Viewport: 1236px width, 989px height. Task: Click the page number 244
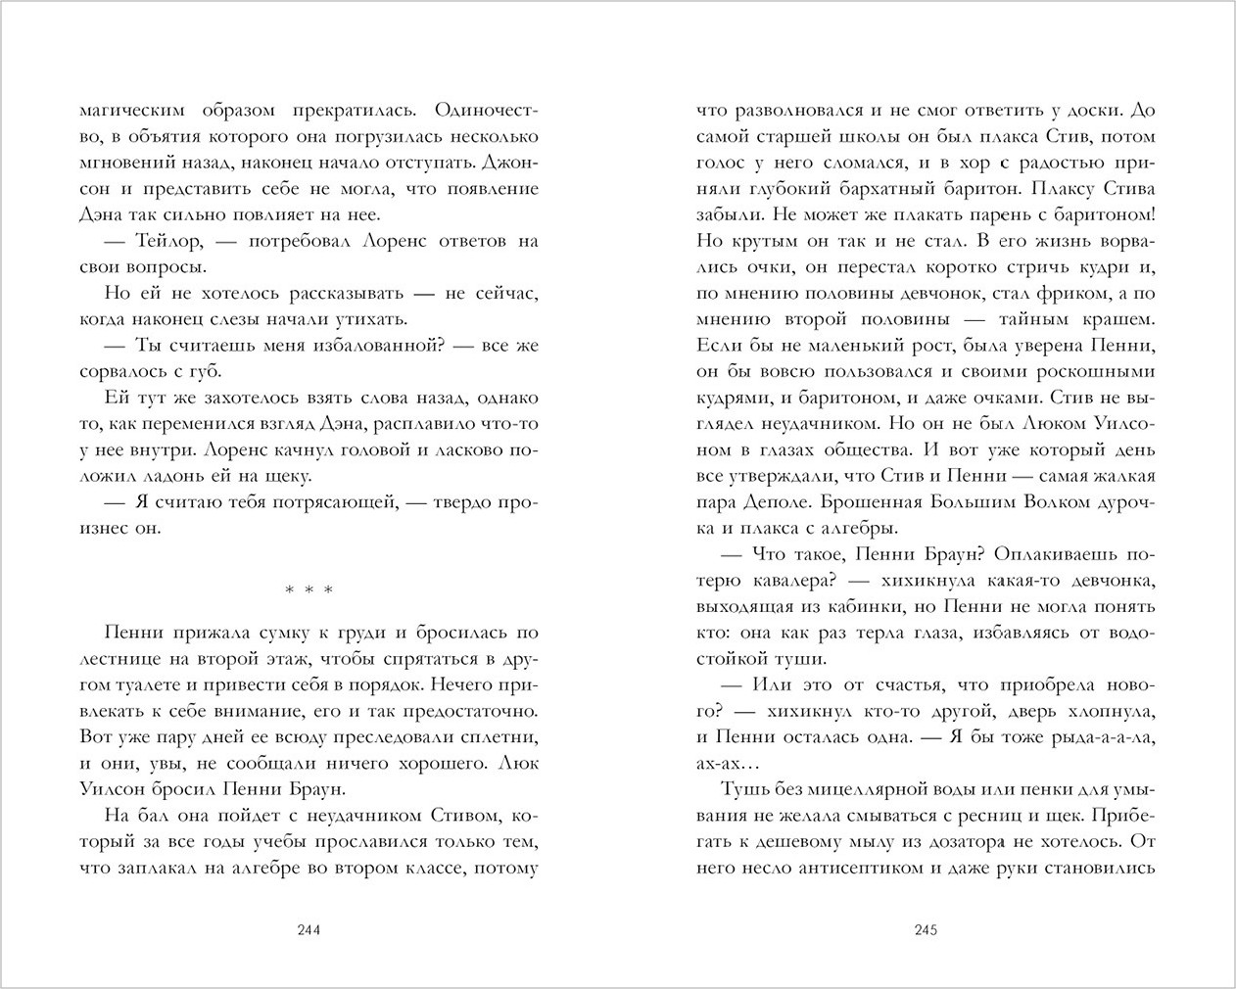309,930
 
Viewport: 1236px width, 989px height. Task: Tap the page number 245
926,930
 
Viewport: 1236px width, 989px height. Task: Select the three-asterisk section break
309,590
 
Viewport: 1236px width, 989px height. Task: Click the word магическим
132,109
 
